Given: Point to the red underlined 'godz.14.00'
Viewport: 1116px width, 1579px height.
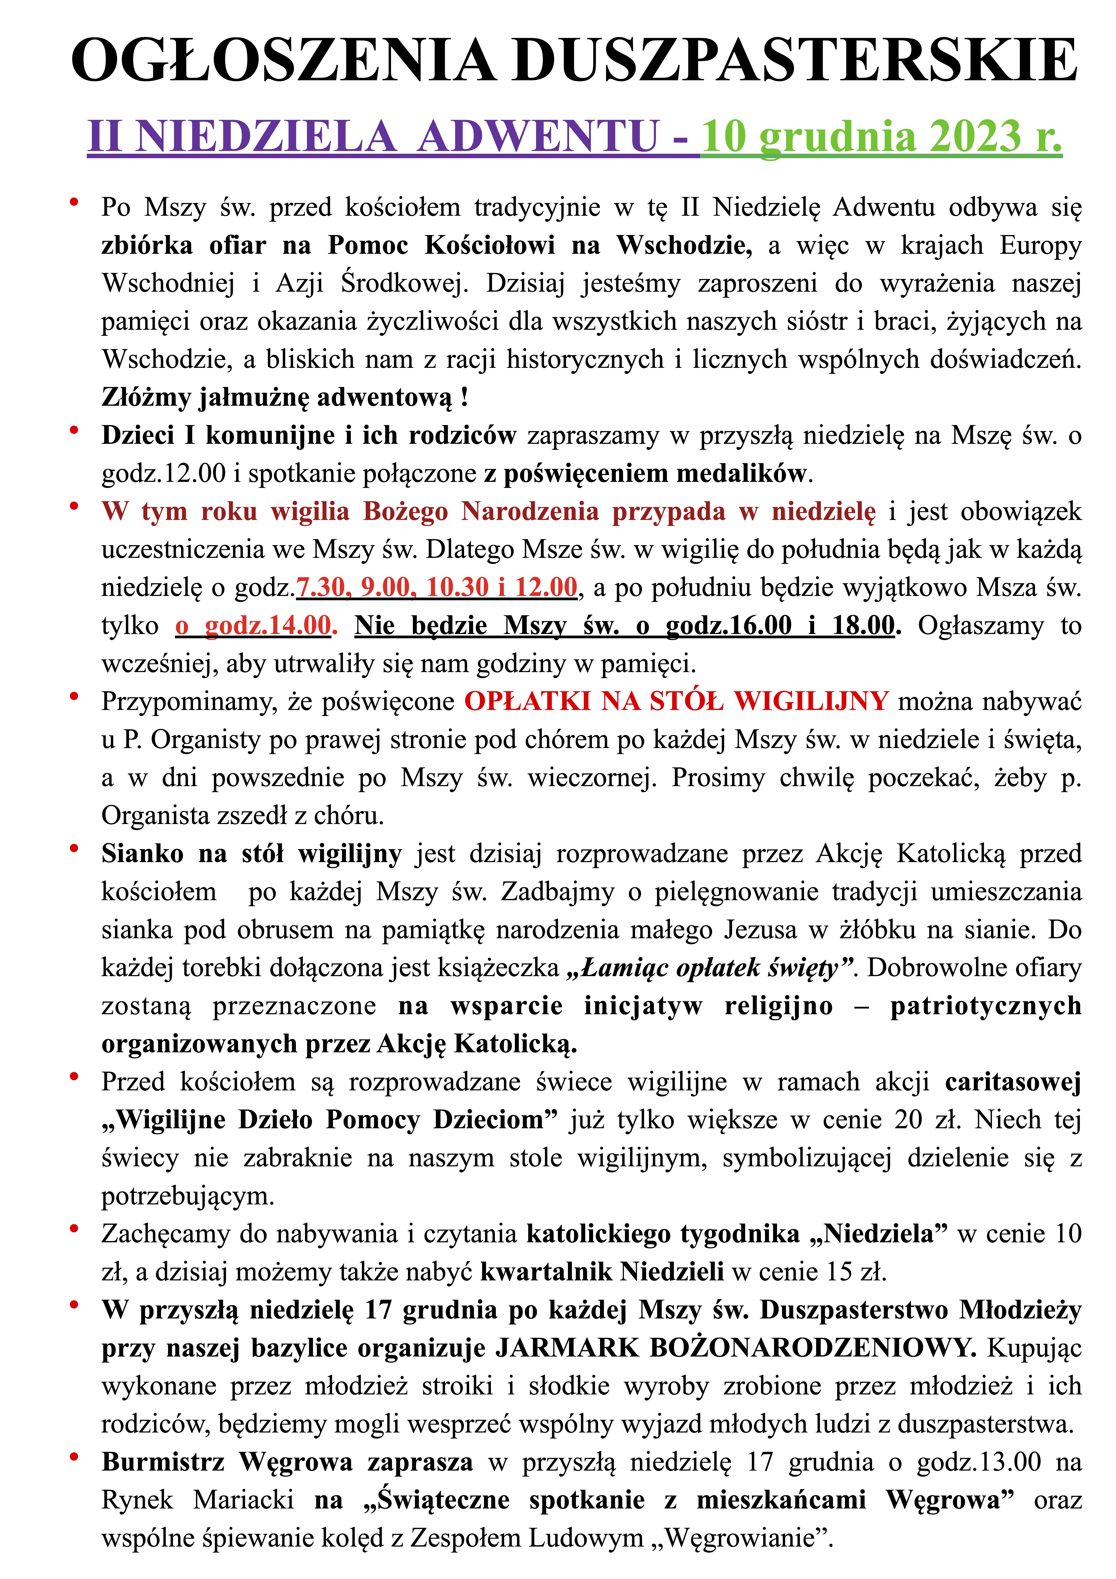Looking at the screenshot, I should point(268,625).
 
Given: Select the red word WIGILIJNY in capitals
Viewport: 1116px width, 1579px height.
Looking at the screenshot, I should point(811,702).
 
